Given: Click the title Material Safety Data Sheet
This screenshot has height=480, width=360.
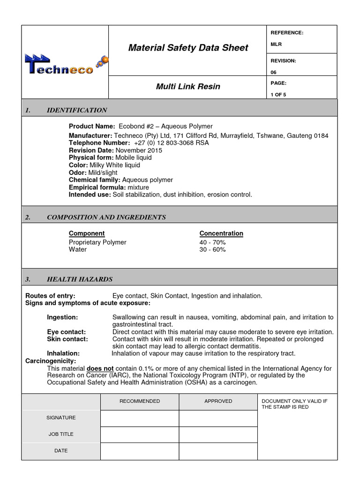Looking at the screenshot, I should (x=188, y=48).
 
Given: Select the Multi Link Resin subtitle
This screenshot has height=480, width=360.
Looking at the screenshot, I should (x=188, y=87).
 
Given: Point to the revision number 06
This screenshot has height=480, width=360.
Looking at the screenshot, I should (x=274, y=72).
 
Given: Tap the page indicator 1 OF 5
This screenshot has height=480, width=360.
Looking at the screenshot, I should (x=278, y=95).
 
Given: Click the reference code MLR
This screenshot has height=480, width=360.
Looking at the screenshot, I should (x=276, y=45).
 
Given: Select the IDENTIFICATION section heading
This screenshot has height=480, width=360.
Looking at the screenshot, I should (x=77, y=110).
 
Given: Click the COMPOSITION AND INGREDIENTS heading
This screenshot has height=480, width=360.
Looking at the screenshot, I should (x=106, y=217).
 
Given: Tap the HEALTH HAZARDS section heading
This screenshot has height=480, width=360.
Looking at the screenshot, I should (x=80, y=279).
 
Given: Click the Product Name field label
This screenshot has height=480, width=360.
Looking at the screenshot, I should (x=91, y=126).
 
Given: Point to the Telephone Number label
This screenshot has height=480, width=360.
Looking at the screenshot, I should (x=99, y=142).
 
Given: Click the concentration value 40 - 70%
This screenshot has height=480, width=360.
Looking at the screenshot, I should (x=212, y=242).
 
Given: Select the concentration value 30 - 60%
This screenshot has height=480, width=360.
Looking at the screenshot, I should (x=212, y=250).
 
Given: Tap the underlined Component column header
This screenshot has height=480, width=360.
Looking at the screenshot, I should (x=87, y=233).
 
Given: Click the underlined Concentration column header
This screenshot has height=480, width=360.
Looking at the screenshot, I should (x=221, y=233).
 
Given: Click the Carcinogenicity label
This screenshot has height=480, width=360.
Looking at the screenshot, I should (x=50, y=361).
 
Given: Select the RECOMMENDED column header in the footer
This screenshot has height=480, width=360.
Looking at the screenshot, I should (x=140, y=401).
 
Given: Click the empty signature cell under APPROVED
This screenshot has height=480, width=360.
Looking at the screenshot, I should (x=218, y=418).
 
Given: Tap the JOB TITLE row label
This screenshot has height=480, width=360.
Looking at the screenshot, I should (x=61, y=434).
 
